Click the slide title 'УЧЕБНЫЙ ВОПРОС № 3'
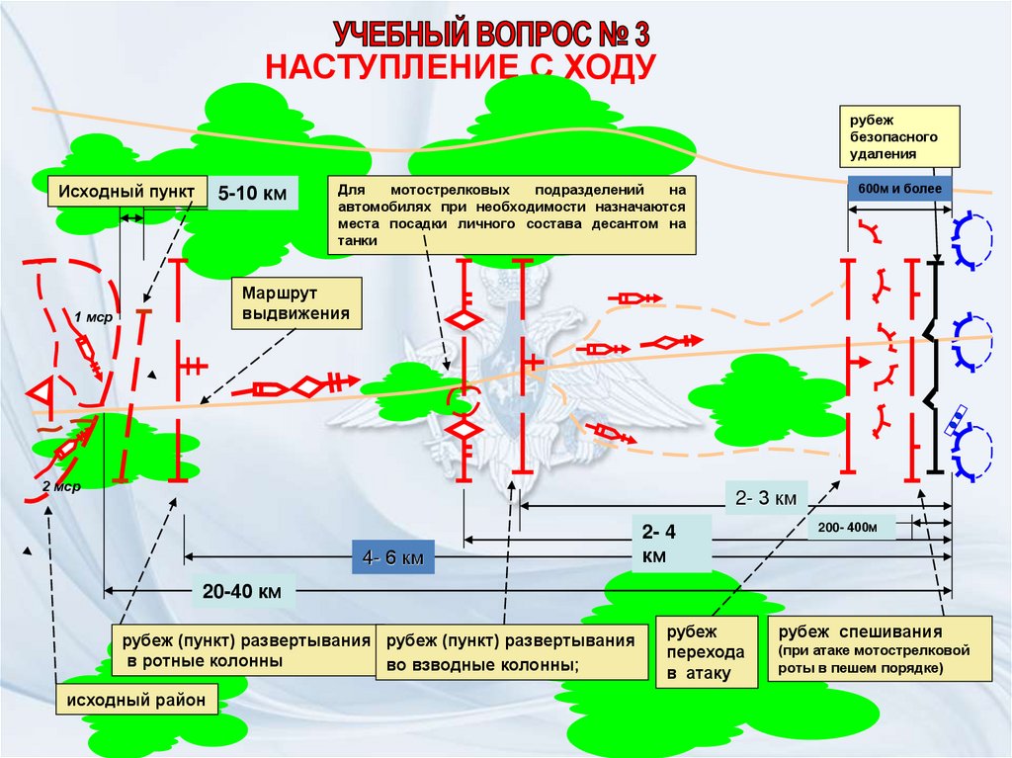click(490, 35)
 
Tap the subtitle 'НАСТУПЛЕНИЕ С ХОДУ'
click(461, 67)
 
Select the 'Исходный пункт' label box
click(126, 191)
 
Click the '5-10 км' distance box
click(252, 193)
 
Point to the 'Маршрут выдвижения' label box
click(295, 303)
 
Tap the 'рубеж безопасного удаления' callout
click(899, 134)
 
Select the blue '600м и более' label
click(899, 189)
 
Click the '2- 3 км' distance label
click(766, 498)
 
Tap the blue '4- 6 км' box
click(393, 558)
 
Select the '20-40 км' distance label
click(243, 592)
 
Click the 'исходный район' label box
click(136, 702)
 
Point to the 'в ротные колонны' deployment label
click(241, 649)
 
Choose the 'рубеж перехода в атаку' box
click(707, 652)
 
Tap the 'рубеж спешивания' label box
click(880, 649)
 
